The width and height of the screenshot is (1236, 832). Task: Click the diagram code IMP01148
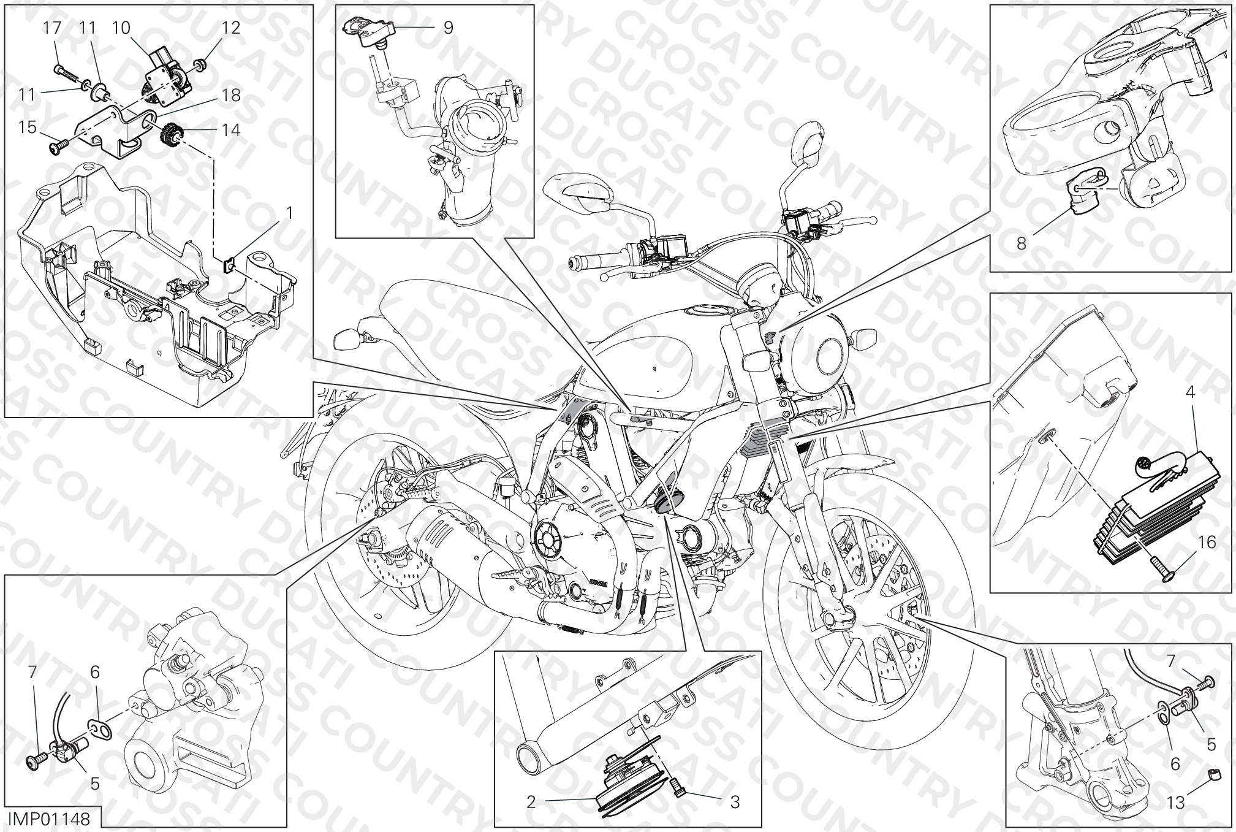[48, 819]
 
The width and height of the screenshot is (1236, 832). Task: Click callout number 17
[53, 28]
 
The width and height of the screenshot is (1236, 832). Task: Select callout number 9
[448, 28]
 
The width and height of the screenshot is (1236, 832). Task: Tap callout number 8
[1021, 243]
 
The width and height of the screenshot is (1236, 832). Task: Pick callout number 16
[1207, 542]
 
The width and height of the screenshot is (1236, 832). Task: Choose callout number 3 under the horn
[735, 802]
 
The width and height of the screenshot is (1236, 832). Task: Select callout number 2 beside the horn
[531, 802]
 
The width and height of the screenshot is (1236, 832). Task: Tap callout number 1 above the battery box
[290, 213]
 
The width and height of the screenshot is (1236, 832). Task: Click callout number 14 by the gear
[231, 130]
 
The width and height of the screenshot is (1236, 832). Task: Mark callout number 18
[231, 96]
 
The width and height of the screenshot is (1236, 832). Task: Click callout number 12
[231, 28]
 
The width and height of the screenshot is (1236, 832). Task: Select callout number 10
[121, 28]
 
